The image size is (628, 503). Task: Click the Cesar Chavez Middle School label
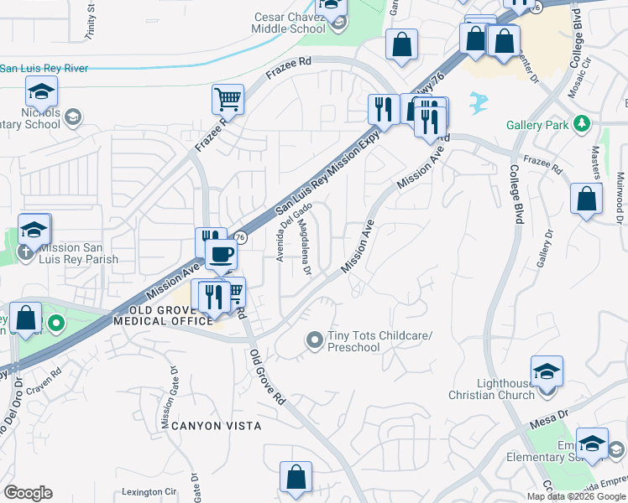coord(290,23)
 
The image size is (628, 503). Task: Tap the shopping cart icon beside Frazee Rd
coord(228,100)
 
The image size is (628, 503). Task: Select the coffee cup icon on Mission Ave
coord(221,254)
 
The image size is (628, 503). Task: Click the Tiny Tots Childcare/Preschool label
coord(379,342)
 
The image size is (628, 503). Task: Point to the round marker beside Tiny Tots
coord(315,340)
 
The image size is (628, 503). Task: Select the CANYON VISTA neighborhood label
coord(217,426)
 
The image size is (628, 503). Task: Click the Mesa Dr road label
coord(551,414)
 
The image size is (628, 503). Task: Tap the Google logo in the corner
coord(28,493)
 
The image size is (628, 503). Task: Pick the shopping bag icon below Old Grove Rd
coord(296,478)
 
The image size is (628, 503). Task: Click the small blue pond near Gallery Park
coord(479,102)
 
